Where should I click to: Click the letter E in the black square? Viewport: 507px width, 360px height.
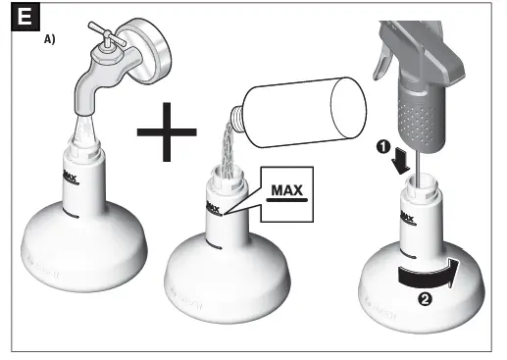click(x=19, y=19)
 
